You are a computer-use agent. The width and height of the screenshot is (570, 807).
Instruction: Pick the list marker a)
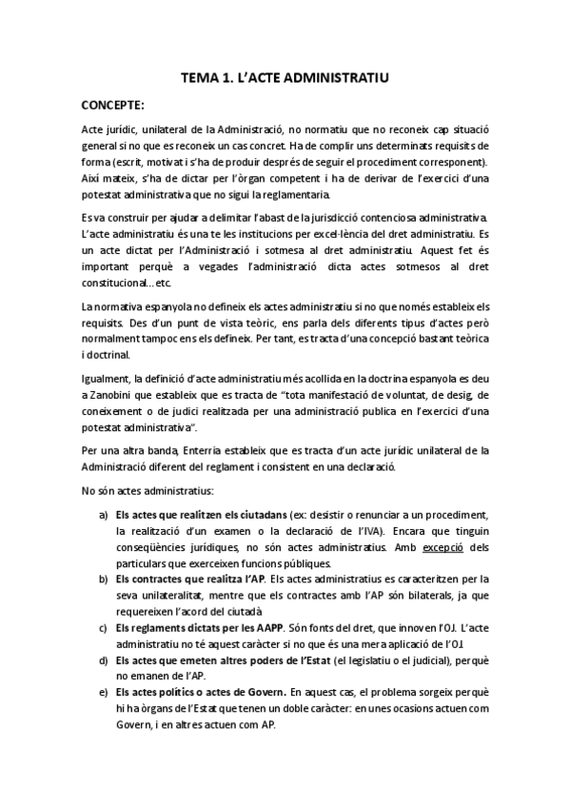tap(103, 514)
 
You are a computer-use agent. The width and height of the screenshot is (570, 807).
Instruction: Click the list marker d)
tap(103, 659)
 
